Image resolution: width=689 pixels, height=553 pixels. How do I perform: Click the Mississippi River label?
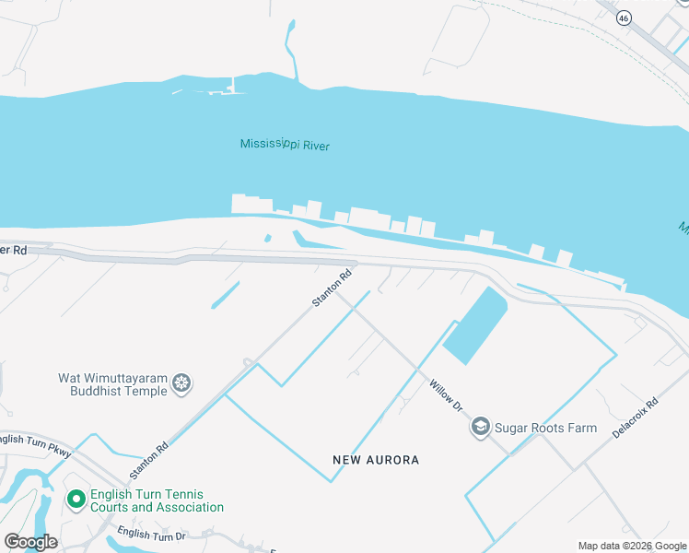tap(285, 145)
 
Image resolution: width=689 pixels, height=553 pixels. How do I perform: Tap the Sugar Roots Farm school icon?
tap(480, 427)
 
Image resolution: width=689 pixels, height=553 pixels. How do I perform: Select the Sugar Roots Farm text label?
tap(545, 428)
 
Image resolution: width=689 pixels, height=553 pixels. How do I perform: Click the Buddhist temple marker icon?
tap(182, 382)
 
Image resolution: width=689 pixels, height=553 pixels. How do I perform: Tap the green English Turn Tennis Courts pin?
tap(76, 500)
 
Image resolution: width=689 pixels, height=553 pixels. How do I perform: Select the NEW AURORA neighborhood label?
tap(376, 460)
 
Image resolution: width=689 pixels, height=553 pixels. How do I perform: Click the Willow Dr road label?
tap(445, 393)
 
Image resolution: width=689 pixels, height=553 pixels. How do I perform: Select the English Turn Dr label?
tap(152, 535)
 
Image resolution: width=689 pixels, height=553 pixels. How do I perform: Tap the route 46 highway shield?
tap(624, 17)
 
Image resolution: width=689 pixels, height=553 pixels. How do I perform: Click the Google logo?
tap(29, 542)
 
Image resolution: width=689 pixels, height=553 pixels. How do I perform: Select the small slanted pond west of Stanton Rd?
tap(225, 294)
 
